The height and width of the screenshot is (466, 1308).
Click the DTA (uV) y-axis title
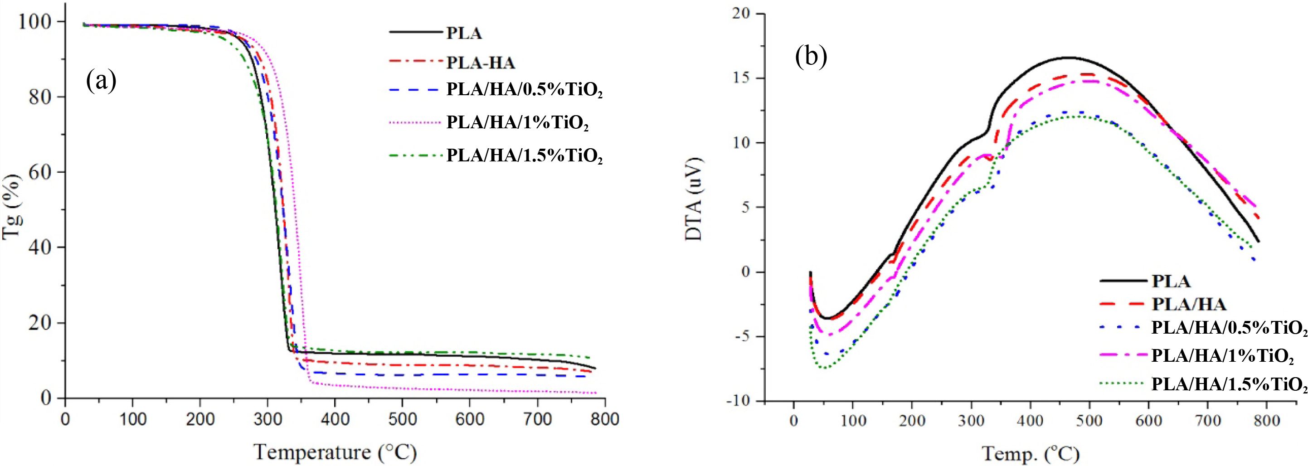[x=694, y=207]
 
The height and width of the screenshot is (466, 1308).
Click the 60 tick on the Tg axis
[x=39, y=172]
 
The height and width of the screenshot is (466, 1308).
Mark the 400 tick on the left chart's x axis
[x=335, y=420]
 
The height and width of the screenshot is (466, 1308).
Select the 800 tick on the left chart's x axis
[x=604, y=420]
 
